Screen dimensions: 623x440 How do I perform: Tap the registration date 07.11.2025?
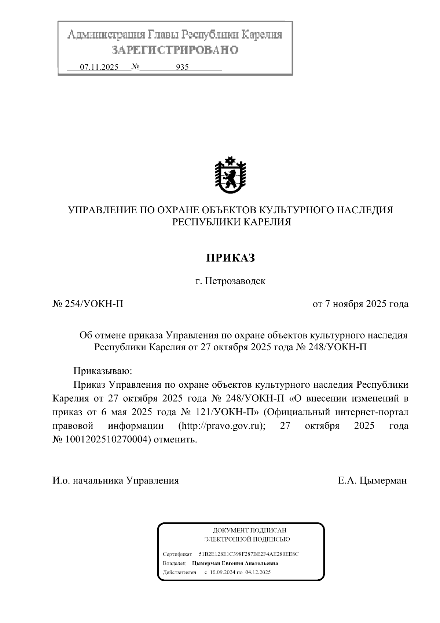pyautogui.click(x=99, y=67)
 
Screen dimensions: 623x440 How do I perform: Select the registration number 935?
pyautogui.click(x=182, y=67)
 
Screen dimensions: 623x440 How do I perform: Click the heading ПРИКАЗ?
pyautogui.click(x=230, y=258)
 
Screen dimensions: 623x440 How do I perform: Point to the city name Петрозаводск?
pyautogui.click(x=235, y=281)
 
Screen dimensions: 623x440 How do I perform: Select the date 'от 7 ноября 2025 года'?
pyautogui.click(x=360, y=304)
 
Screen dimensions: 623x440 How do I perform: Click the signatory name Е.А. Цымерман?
pyautogui.click(x=372, y=481)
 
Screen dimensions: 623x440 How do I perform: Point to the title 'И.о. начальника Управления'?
pyautogui.click(x=115, y=481)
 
